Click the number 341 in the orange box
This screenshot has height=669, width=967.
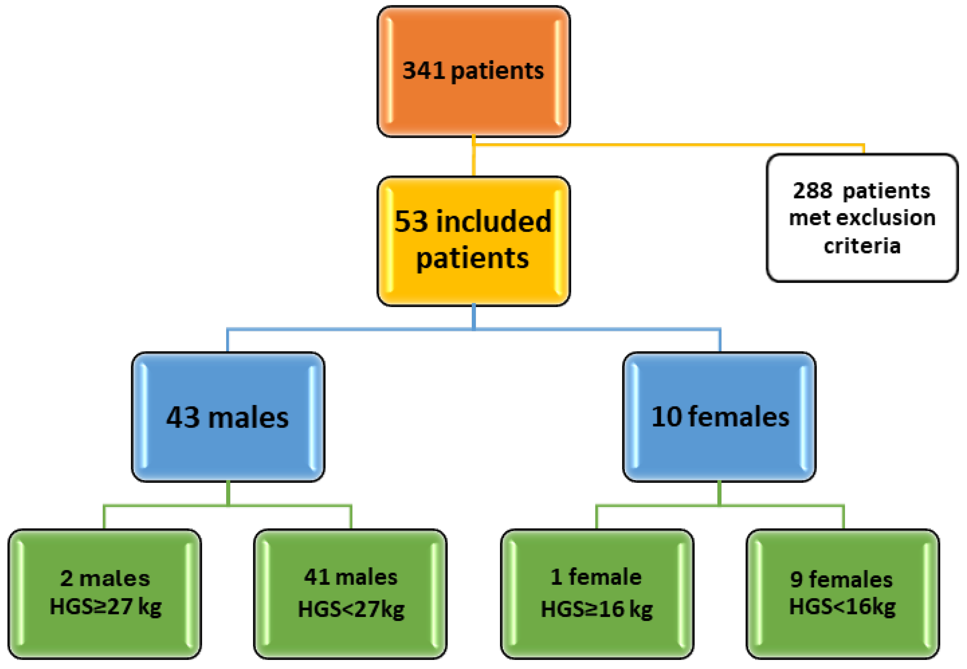pos(423,70)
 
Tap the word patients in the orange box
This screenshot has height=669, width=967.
pos(497,71)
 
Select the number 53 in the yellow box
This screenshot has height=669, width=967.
pos(411,222)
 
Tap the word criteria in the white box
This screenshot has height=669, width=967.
pos(862,245)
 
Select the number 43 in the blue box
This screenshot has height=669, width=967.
pos(183,417)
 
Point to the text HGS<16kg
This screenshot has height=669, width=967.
pos(842,607)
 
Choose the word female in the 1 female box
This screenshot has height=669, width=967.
pos(605,577)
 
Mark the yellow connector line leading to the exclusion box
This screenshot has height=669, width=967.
pos(671,145)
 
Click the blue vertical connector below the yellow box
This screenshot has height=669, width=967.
pos(473,317)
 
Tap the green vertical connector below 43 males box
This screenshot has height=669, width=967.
pos(228,493)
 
